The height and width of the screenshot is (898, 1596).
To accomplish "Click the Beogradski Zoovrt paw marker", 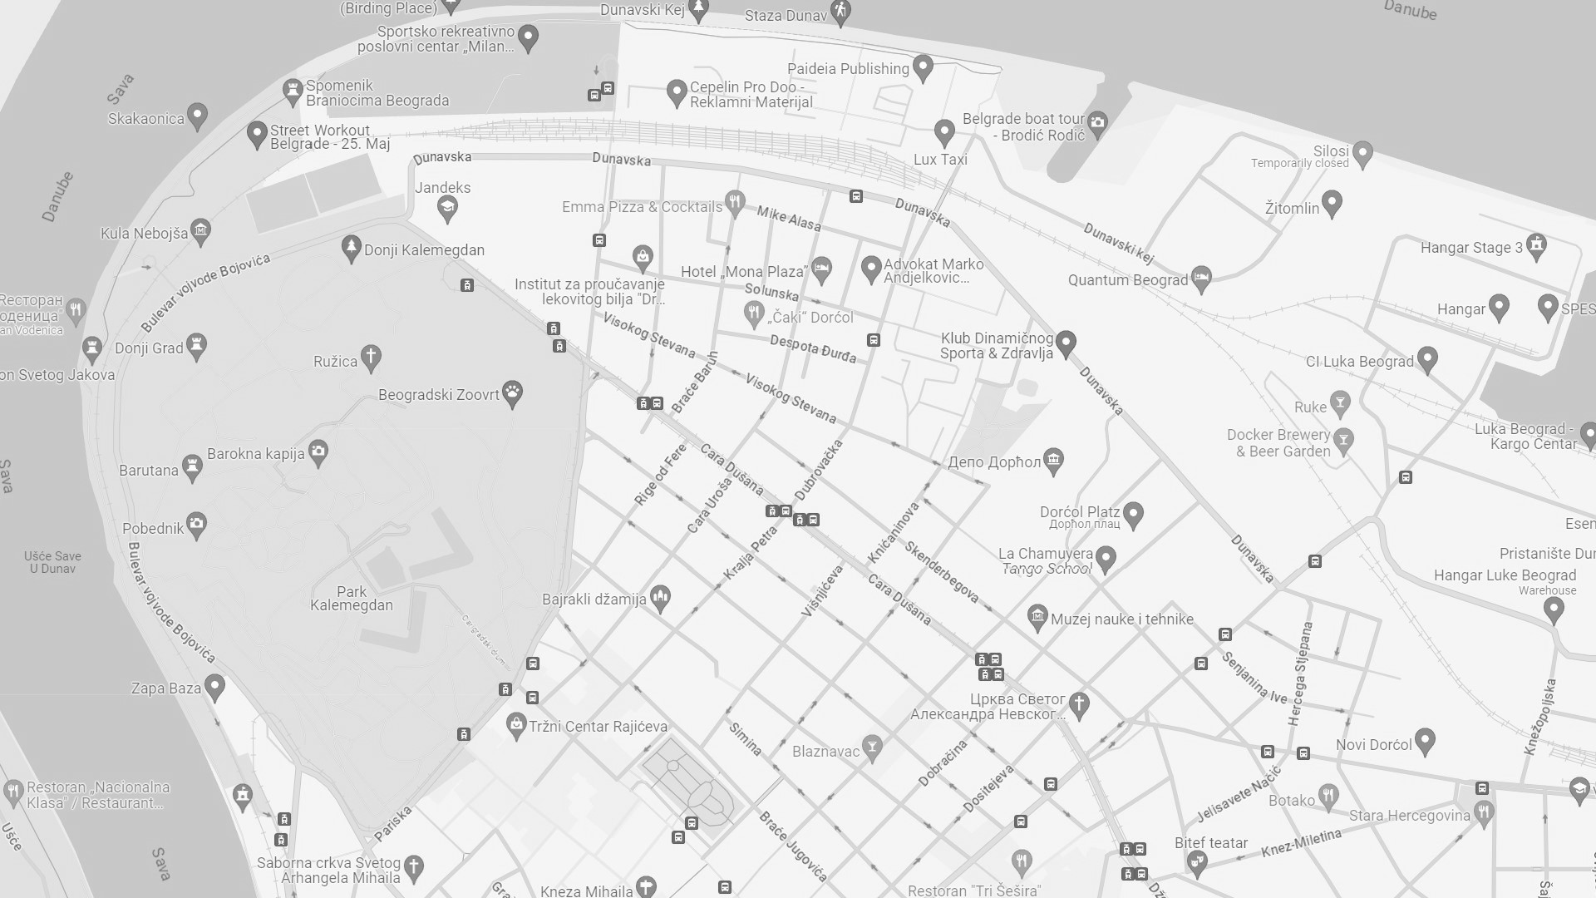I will click(x=513, y=394).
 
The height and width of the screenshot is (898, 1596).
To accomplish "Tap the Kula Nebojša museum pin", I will click(x=200, y=231).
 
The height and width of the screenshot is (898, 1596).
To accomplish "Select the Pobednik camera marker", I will click(x=196, y=525).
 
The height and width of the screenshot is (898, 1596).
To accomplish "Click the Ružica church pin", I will click(x=371, y=358).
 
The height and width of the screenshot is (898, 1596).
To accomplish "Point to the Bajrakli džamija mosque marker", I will click(x=661, y=597).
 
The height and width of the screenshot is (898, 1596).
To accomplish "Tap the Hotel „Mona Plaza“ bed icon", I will click(x=821, y=269).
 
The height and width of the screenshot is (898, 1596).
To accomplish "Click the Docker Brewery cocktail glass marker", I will click(x=1343, y=438).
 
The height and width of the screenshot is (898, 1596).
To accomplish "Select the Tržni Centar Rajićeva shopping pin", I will click(x=516, y=724).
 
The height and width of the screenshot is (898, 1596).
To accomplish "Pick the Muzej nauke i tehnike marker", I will click(x=1037, y=617).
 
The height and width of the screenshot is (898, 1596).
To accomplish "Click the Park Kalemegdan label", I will click(x=352, y=598).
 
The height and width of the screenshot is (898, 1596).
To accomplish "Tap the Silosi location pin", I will click(x=1362, y=153).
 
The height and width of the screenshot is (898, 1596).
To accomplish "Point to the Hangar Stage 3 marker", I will click(x=1536, y=245).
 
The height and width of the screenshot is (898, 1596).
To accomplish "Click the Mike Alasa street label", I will click(x=788, y=219).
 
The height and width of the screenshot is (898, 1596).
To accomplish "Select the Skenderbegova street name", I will click(x=942, y=572).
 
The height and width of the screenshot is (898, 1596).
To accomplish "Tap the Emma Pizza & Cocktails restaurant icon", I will click(x=734, y=202).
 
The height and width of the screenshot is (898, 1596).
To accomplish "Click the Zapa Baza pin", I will click(x=214, y=687).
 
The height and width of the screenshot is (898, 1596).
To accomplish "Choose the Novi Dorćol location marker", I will click(x=1425, y=739).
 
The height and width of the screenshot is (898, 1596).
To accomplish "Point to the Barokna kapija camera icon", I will click(x=318, y=452).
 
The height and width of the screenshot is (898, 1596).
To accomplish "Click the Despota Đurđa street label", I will click(x=812, y=348).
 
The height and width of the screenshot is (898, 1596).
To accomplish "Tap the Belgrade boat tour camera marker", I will click(x=1097, y=124).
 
